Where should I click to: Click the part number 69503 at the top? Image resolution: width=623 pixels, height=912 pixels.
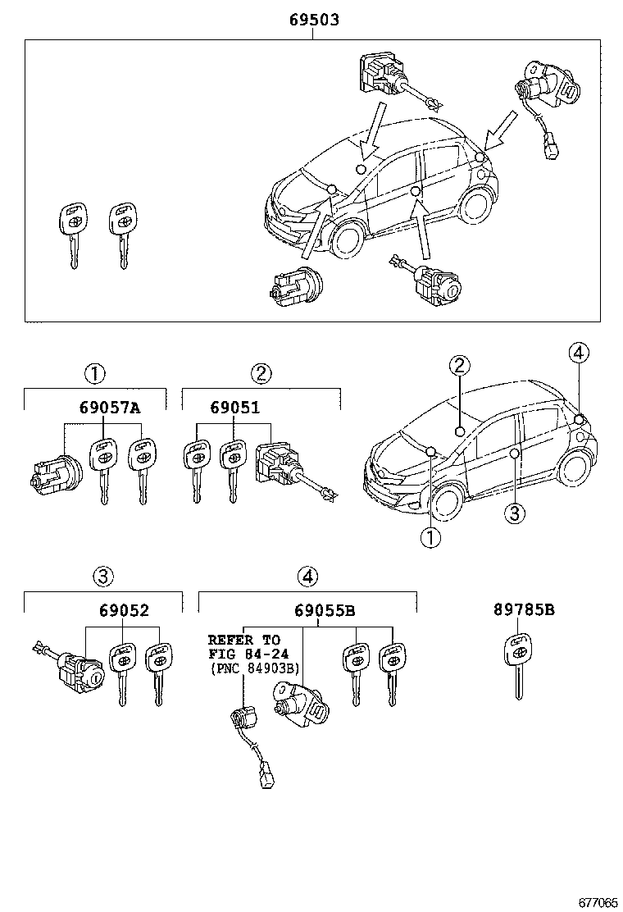[313, 20]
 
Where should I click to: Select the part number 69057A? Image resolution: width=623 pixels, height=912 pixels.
[110, 408]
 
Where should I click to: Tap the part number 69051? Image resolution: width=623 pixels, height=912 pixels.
[234, 408]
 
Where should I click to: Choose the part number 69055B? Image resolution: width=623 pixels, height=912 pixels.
[325, 610]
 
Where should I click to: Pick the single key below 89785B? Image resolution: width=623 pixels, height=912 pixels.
[518, 664]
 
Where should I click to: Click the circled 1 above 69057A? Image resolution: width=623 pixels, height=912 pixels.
[95, 374]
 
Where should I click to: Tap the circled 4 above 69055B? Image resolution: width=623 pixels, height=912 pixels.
[307, 577]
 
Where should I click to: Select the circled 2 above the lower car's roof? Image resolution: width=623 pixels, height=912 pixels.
[459, 366]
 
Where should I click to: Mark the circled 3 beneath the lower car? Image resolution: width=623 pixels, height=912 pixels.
[512, 514]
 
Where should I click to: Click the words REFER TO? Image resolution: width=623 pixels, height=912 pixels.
[243, 639]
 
